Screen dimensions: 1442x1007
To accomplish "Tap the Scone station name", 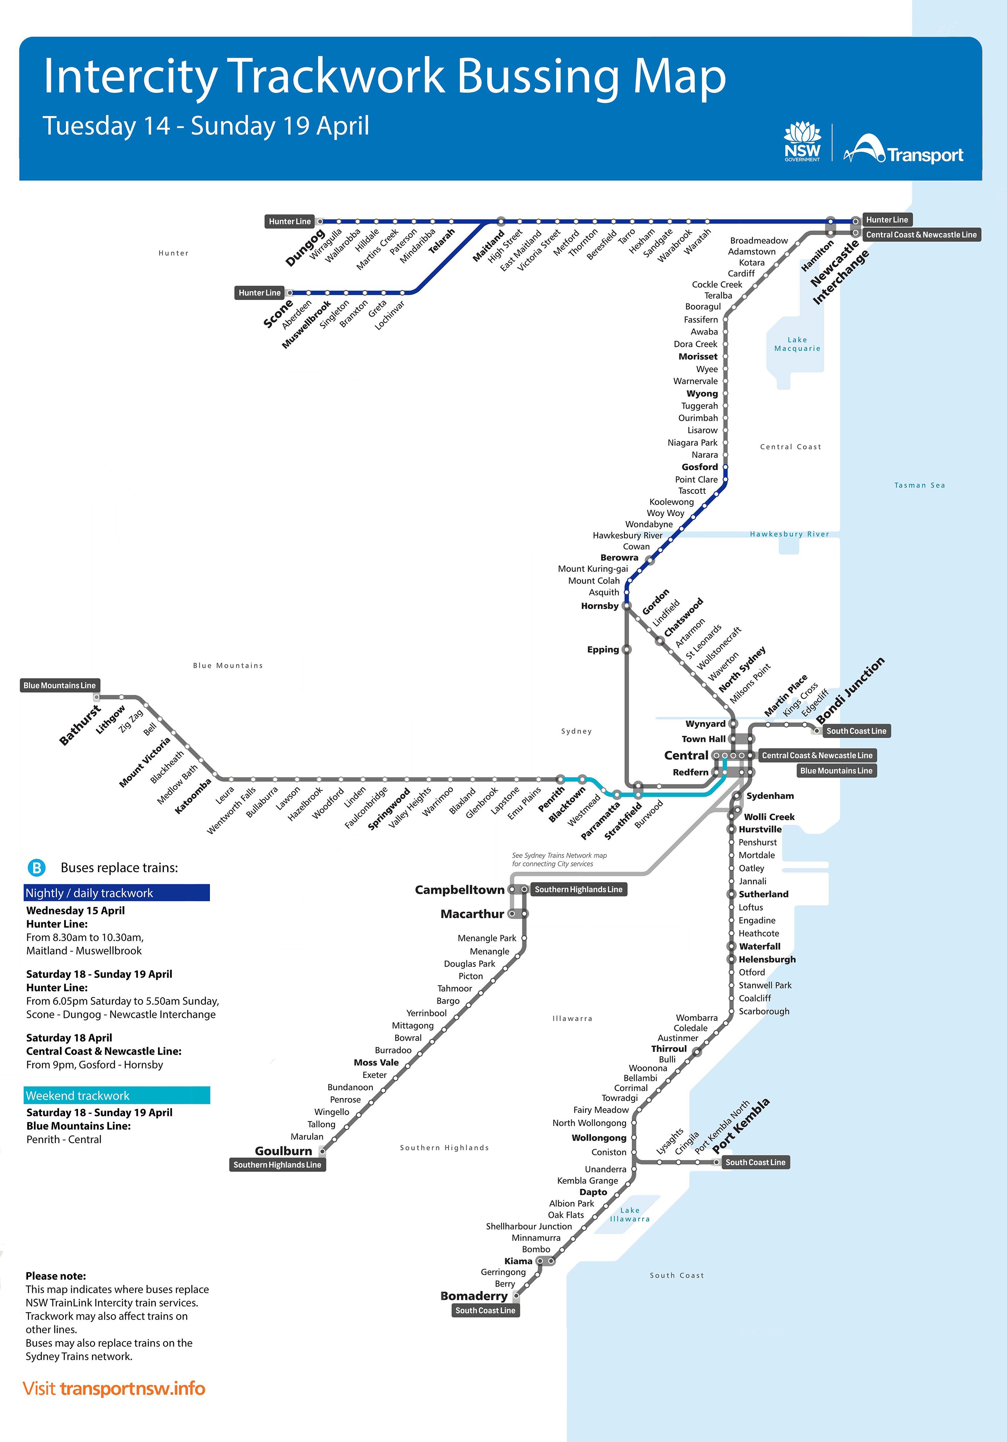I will pos(278,313).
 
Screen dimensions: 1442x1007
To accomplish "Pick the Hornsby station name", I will pos(600,606).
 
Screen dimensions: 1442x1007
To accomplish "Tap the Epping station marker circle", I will pos(626,649).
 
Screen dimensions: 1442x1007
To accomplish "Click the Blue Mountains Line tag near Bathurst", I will pos(59,685).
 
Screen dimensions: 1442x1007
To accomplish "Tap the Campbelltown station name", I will pos(459,889).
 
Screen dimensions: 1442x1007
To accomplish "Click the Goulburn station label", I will pos(283,1150).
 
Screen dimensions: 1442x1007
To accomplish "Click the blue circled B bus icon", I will pos(36,868).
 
